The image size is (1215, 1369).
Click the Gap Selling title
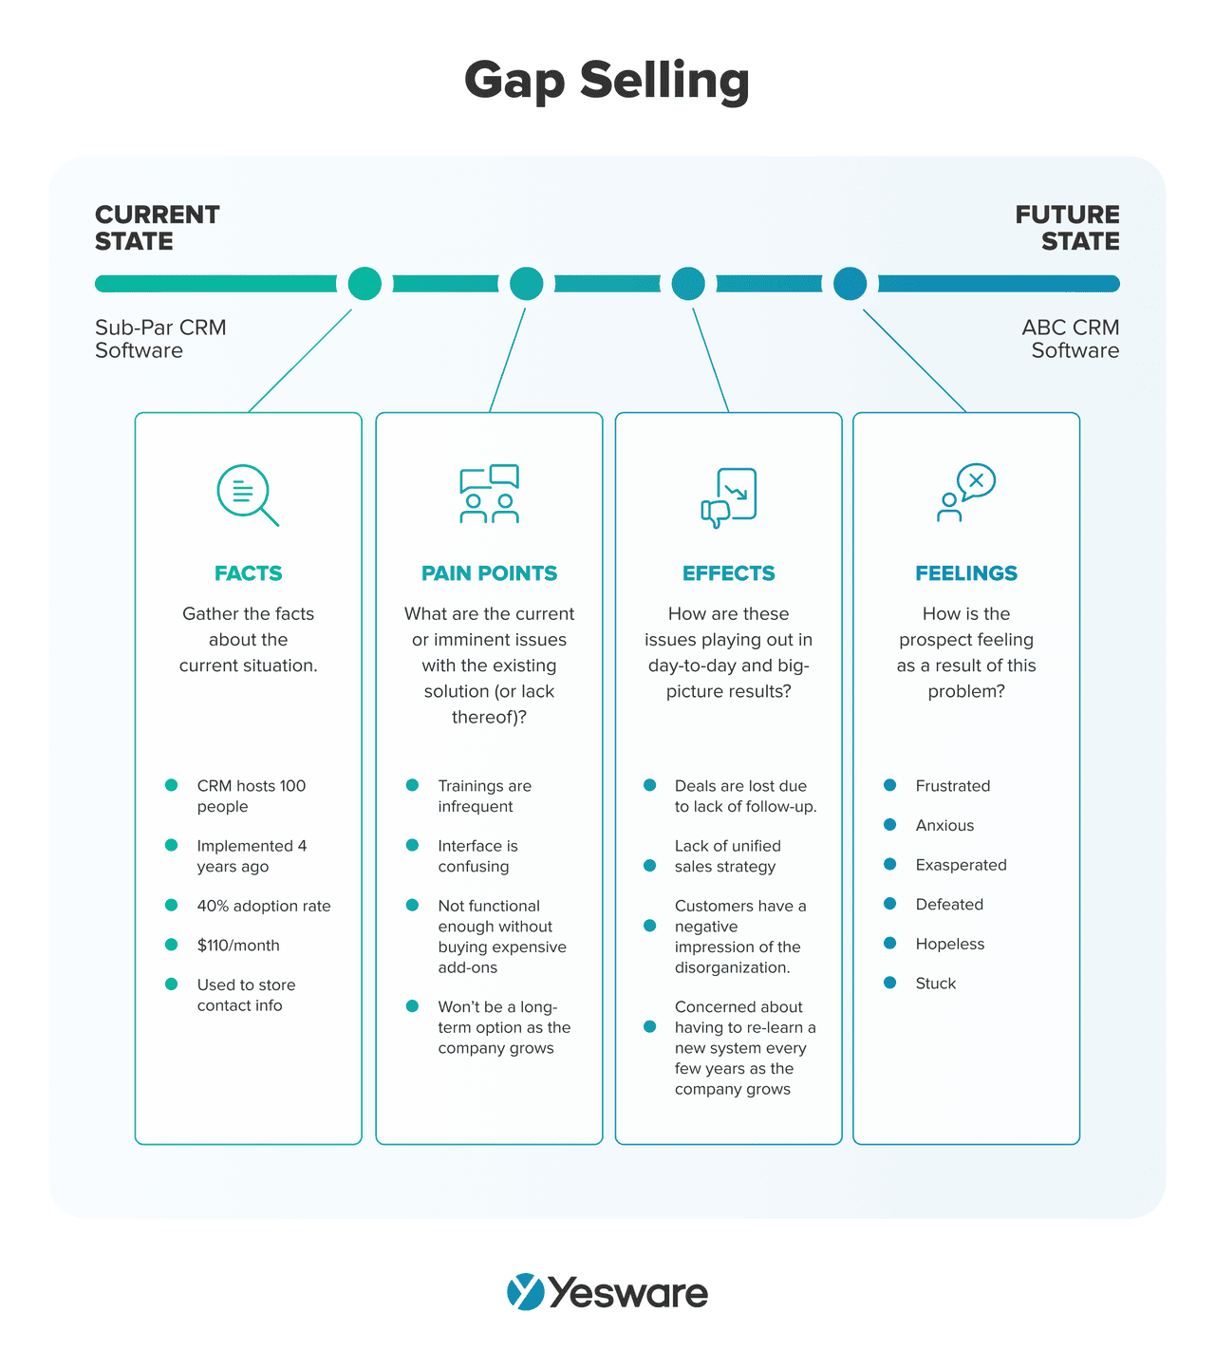(607, 81)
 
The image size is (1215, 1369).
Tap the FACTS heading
(249, 573)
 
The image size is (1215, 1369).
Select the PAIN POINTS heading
(490, 573)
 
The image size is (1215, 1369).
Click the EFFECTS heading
(729, 573)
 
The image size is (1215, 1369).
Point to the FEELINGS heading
(966, 573)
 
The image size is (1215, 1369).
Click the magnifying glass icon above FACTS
(247, 495)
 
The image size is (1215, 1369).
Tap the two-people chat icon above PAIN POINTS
(490, 494)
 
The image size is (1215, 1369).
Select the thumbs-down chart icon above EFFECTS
(729, 497)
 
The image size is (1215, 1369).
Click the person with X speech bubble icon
(965, 493)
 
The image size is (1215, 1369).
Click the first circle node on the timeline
(364, 283)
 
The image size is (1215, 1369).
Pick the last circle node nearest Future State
(850, 283)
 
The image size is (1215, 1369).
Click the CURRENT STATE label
(158, 228)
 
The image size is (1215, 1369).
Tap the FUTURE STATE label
(1068, 228)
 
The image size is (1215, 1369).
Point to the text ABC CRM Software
(1072, 339)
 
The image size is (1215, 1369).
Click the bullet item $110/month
(238, 946)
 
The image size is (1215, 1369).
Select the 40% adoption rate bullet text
(264, 906)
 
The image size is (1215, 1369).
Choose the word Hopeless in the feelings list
(950, 944)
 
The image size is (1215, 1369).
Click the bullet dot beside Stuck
(889, 983)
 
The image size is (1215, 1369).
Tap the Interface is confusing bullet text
(477, 856)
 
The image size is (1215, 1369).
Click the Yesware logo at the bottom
(607, 1293)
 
